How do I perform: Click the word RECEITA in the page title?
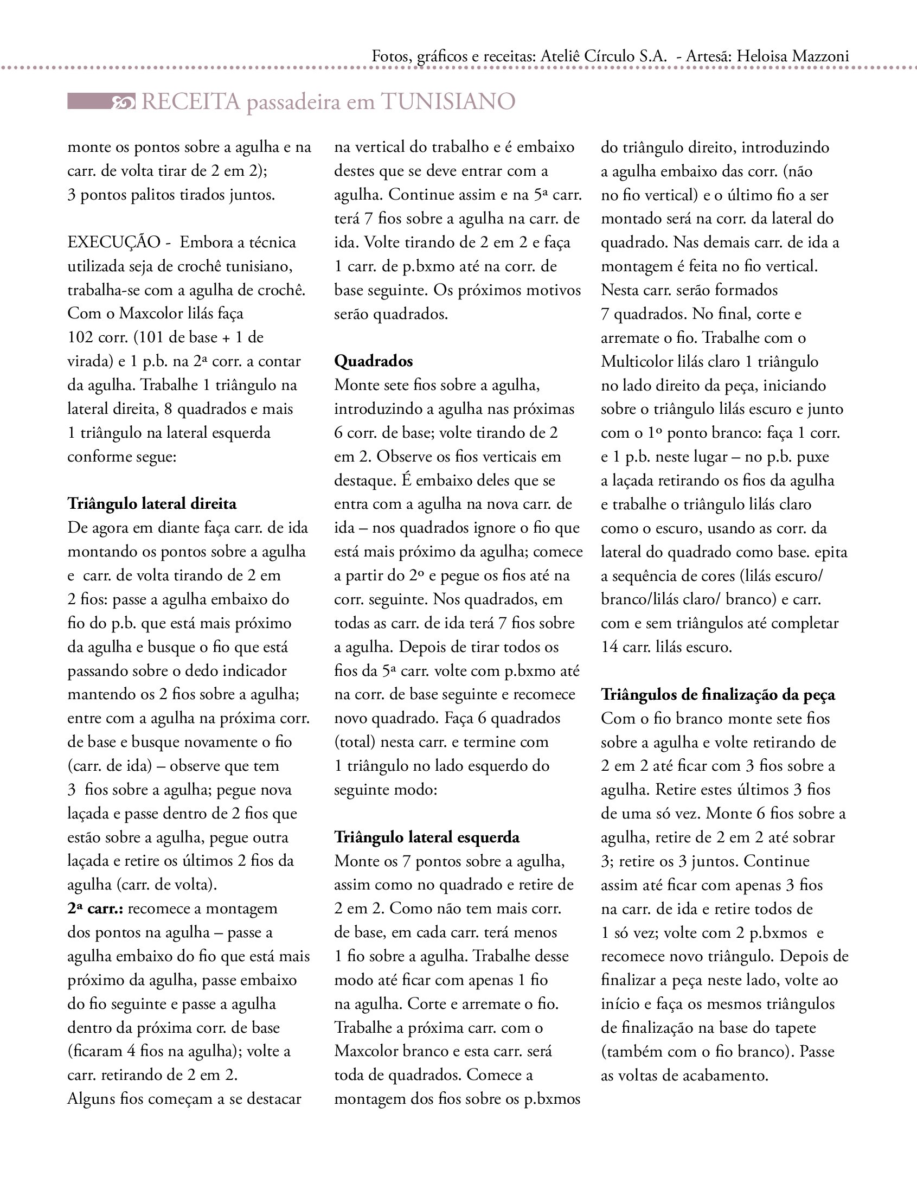(190, 102)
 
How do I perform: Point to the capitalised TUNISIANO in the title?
(448, 102)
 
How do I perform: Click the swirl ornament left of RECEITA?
(123, 102)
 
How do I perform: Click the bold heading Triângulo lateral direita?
(152, 503)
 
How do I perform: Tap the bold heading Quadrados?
(373, 361)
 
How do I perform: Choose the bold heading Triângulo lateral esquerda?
(427, 837)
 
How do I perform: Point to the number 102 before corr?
(80, 337)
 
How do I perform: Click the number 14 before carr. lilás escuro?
(610, 648)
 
